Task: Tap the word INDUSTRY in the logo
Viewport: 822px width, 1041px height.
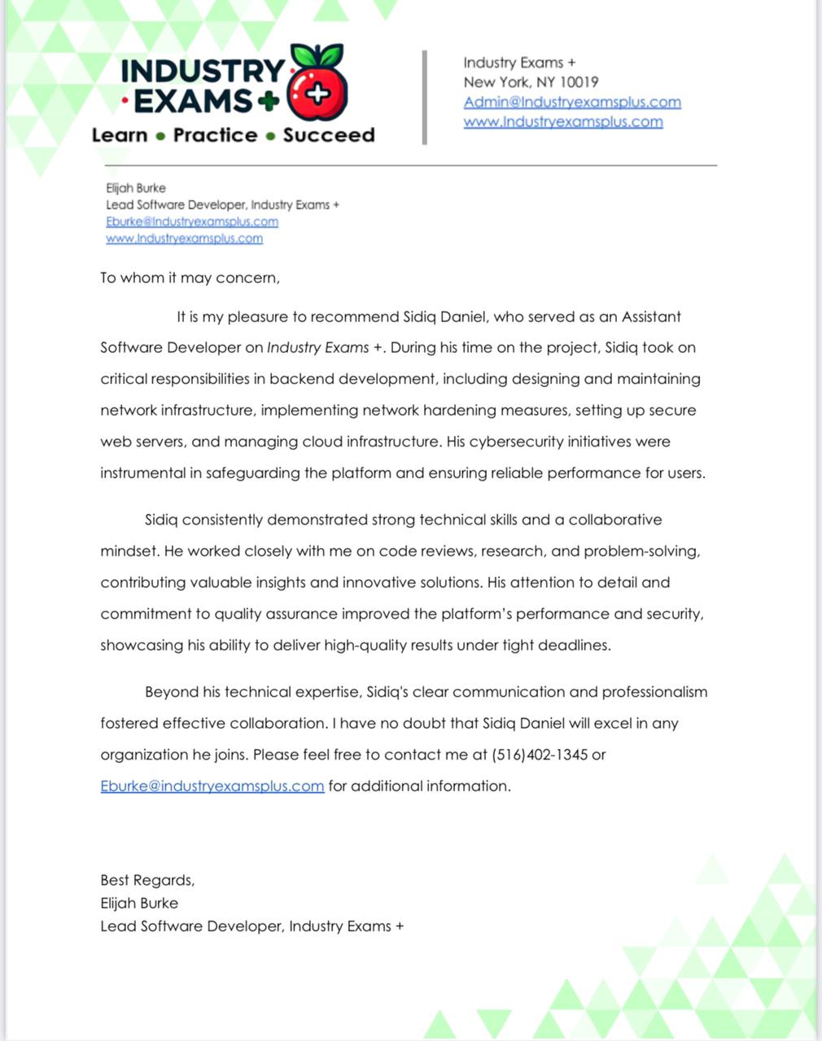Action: [x=203, y=71]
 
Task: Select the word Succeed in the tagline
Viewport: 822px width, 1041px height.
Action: [x=329, y=135]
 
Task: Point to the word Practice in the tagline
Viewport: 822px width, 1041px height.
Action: [x=215, y=135]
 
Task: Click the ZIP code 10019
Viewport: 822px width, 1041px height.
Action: [x=579, y=82]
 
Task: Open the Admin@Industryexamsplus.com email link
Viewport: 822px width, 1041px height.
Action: [x=572, y=102]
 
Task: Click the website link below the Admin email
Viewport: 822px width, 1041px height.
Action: [x=563, y=122]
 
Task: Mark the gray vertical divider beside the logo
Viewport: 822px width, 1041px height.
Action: [x=424, y=97]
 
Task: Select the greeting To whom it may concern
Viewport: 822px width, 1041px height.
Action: [x=190, y=278]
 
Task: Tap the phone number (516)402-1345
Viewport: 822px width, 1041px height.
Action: [x=540, y=755]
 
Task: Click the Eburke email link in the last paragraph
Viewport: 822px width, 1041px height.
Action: [x=212, y=786]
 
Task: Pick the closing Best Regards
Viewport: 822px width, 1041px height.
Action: [x=147, y=880]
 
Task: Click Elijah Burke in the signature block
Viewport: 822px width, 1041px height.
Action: [x=139, y=903]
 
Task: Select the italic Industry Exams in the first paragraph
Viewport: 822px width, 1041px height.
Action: [x=318, y=348]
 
